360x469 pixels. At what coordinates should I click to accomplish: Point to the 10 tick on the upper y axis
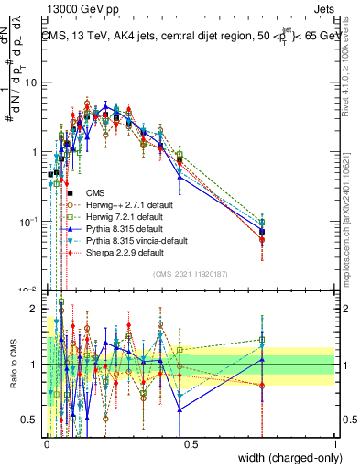click(x=34, y=82)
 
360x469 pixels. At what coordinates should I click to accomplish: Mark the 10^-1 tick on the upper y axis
click(x=31, y=221)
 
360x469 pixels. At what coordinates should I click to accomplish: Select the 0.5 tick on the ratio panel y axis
click(x=34, y=419)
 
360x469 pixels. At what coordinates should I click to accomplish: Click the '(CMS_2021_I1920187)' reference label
click(x=191, y=273)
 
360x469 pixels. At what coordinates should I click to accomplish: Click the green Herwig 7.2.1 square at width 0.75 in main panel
click(x=263, y=223)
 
